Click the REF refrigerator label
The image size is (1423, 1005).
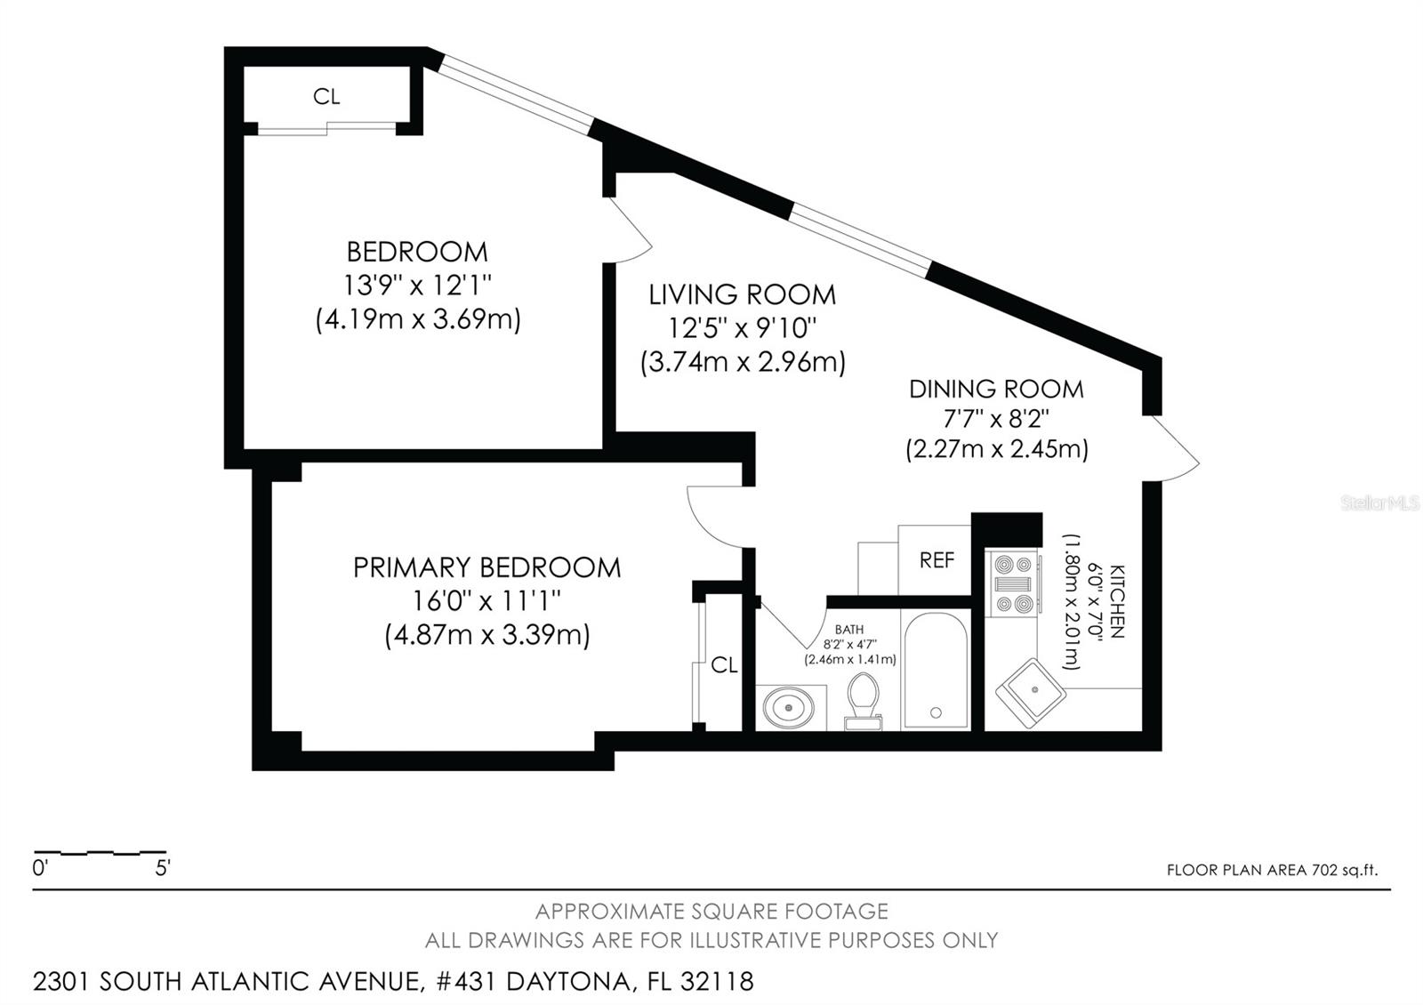tap(937, 560)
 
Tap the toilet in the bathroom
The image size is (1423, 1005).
tap(863, 700)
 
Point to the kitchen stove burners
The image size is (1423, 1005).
tap(1015, 584)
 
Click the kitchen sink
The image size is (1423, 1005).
tap(1031, 690)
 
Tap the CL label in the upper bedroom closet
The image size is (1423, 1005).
tap(326, 97)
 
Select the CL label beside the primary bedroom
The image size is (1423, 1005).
tap(724, 665)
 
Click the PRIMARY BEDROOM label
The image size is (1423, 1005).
tap(486, 567)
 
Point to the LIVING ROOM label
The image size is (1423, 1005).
tap(742, 294)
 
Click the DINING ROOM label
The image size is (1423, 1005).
tap(996, 389)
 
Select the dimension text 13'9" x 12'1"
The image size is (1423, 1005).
tap(418, 285)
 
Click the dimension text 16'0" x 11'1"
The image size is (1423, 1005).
tap(486, 601)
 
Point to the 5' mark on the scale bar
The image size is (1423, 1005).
tap(163, 868)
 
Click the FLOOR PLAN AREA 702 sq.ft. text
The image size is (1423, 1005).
tap(1272, 870)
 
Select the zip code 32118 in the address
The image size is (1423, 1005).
tap(717, 982)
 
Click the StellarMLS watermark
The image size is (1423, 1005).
tap(1379, 503)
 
